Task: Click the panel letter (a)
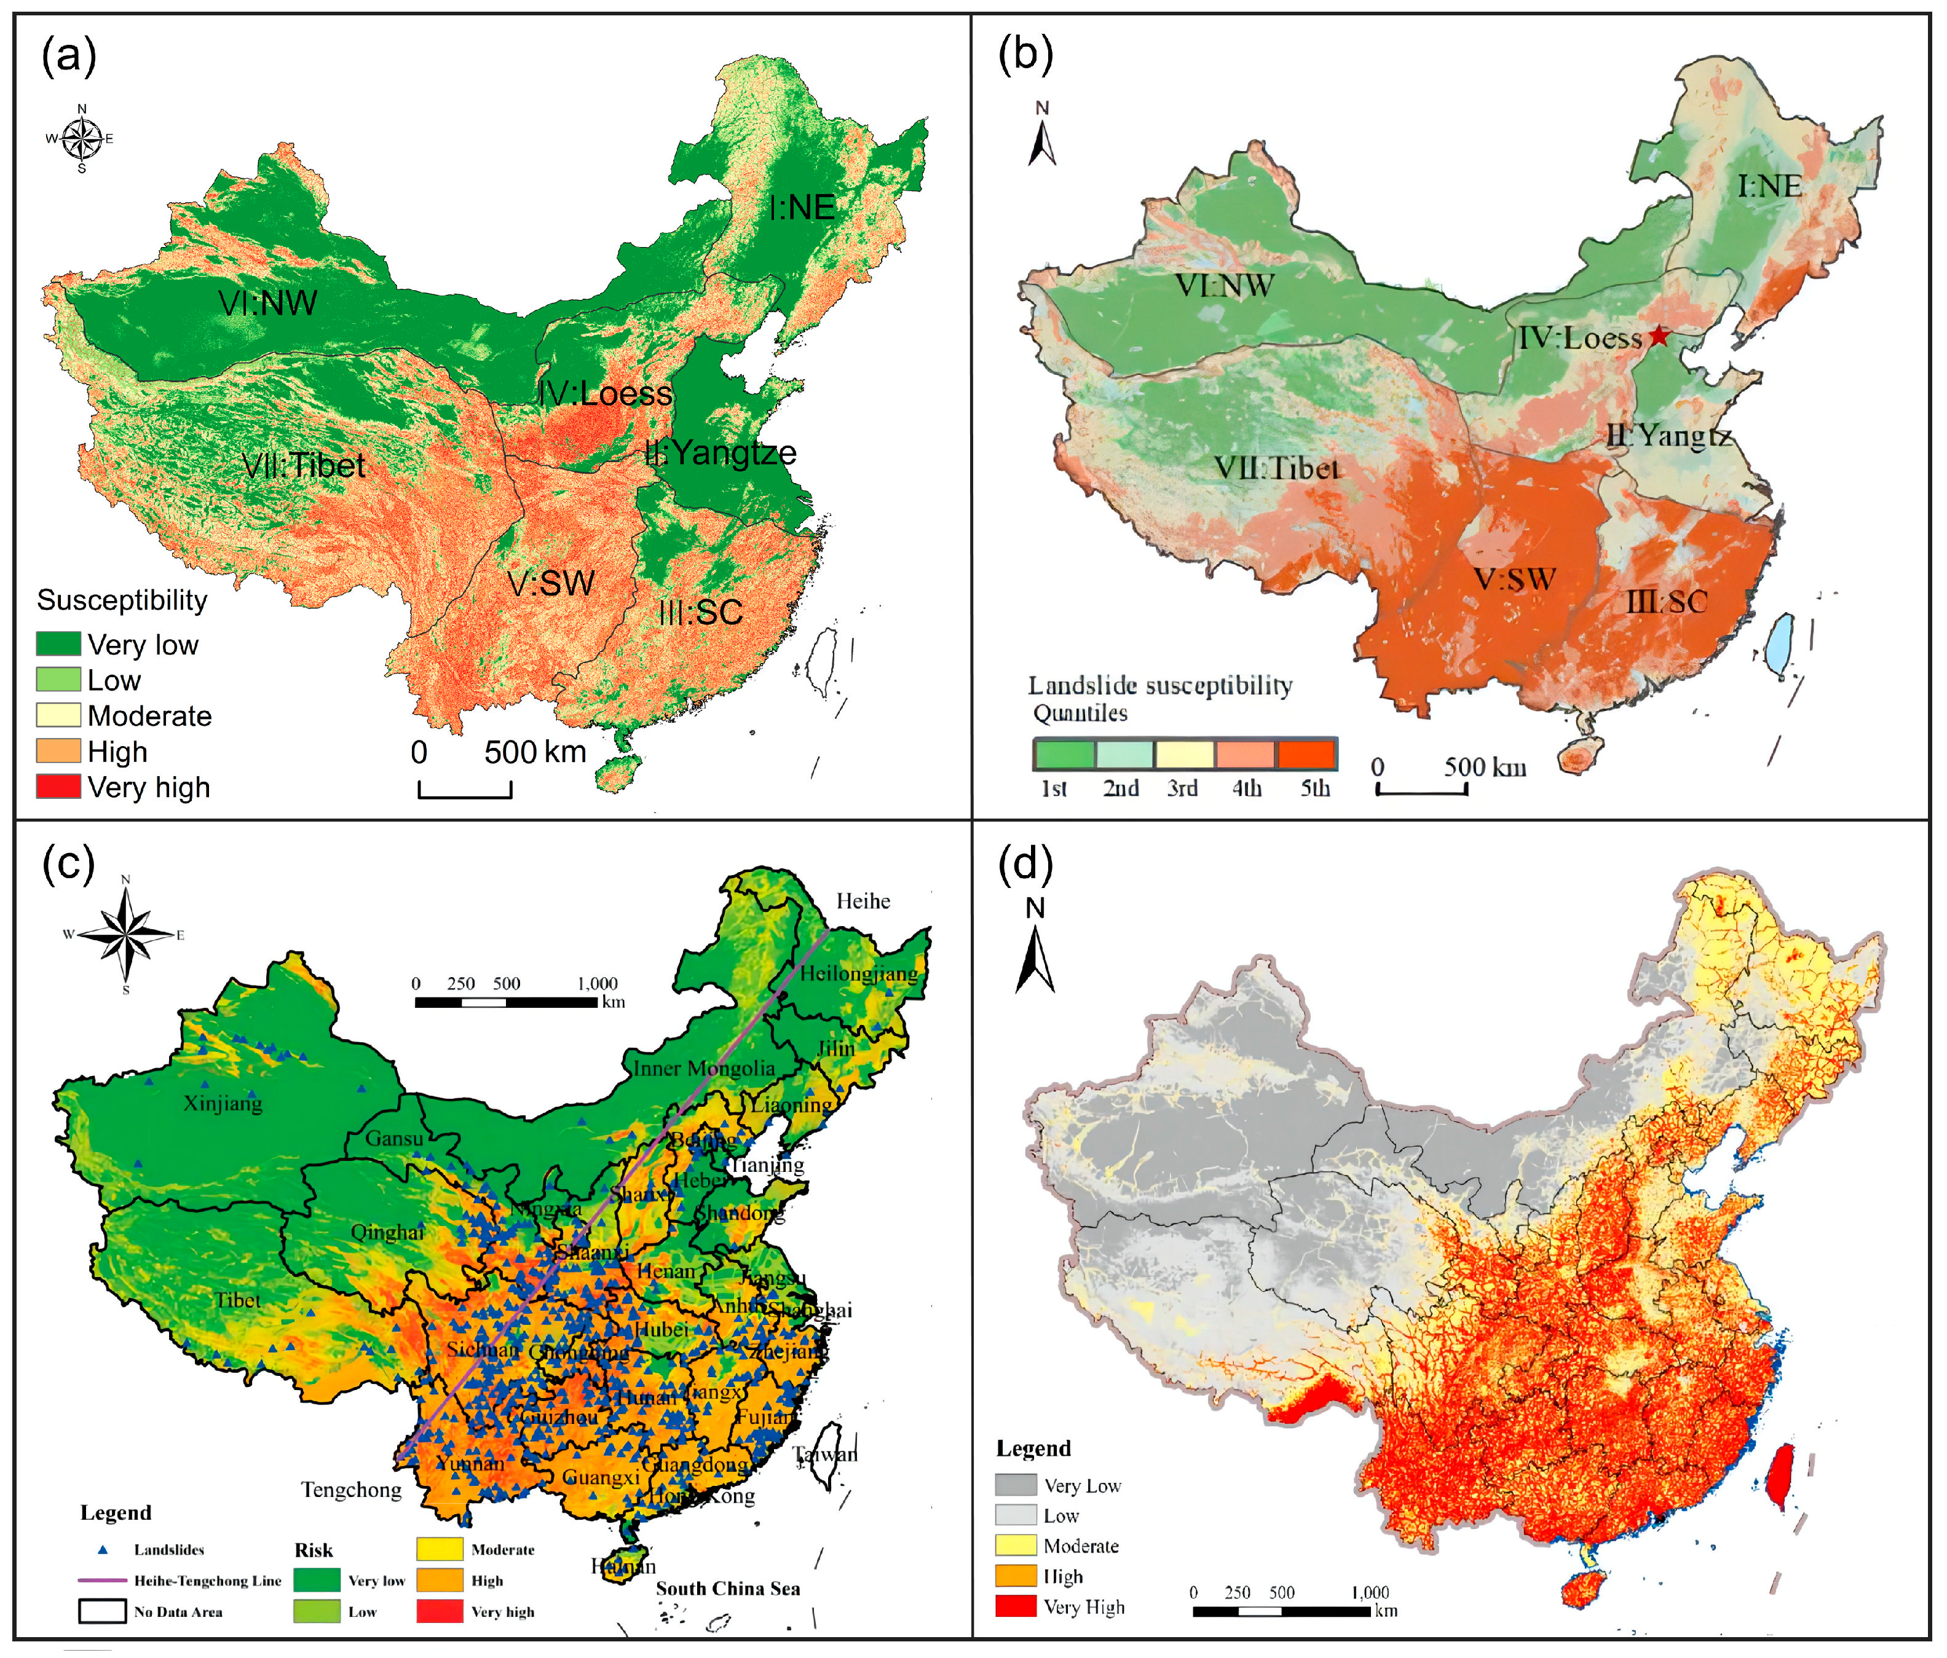click(x=69, y=57)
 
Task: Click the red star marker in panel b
click(x=1659, y=336)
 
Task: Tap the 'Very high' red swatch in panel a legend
click(x=58, y=786)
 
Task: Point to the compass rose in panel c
click(x=126, y=935)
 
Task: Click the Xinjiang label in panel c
click(x=223, y=1103)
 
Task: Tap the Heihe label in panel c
click(x=863, y=901)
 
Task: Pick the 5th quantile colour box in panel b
click(x=1305, y=754)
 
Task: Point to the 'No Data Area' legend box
click(x=103, y=1612)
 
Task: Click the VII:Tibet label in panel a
click(x=304, y=465)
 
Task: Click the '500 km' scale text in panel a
click(x=535, y=752)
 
